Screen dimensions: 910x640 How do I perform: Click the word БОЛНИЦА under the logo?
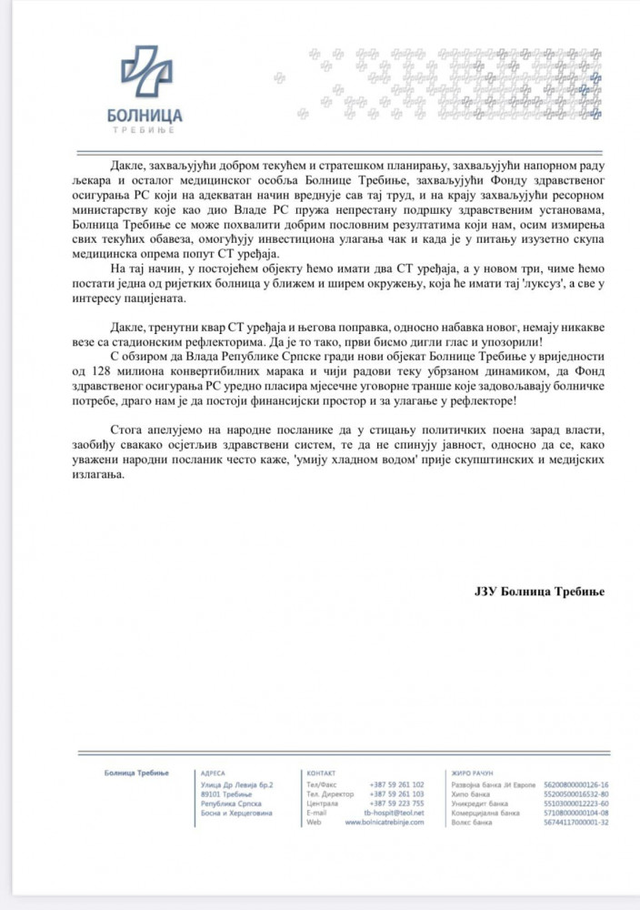(145, 116)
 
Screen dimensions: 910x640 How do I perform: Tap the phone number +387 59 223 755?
(397, 803)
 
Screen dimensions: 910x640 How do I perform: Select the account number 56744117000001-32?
(575, 822)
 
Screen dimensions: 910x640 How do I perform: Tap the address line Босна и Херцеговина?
(233, 813)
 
